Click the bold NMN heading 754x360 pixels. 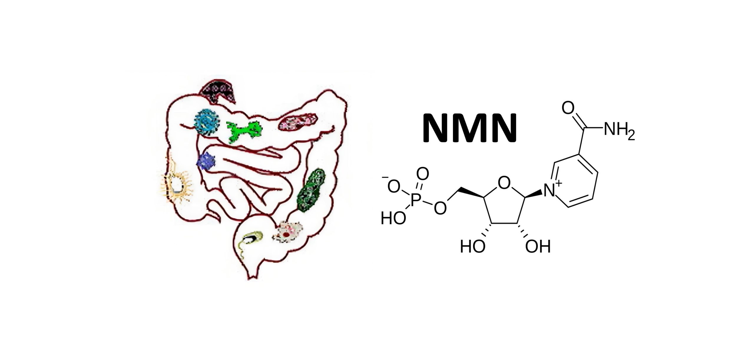(469, 129)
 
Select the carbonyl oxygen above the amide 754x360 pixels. (568, 108)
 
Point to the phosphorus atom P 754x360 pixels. (415, 200)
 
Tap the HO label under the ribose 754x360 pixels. (472, 247)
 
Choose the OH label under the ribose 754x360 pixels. (538, 247)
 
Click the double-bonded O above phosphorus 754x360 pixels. (422, 174)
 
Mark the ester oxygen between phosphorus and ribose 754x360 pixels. (440, 208)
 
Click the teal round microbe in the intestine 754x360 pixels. (207, 122)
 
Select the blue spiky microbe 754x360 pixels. (206, 161)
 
